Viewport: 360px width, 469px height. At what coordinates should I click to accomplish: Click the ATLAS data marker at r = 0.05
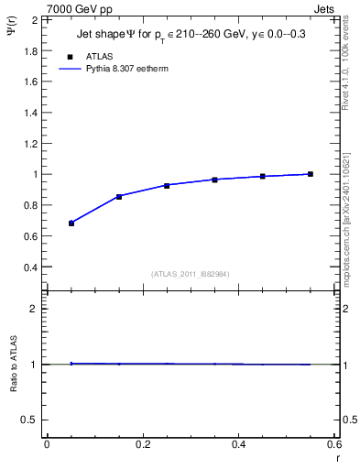coord(71,223)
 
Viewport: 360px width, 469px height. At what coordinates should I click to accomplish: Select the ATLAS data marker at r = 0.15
coord(119,196)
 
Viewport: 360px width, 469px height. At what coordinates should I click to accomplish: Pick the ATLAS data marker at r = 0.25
coord(167,185)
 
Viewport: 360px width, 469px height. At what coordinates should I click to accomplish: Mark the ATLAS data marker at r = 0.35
coord(215,180)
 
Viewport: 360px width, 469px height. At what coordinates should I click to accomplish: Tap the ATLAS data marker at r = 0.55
coord(311,174)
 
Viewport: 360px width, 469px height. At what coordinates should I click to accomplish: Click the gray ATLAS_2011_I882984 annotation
coord(191,273)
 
